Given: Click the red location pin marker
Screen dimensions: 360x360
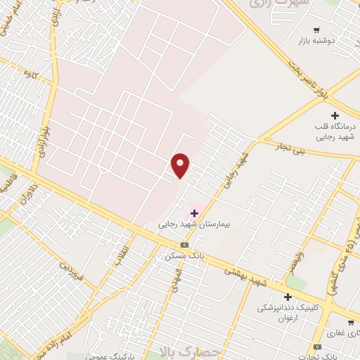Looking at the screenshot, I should click(x=181, y=165).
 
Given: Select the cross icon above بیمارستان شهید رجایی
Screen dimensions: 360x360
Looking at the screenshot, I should click(x=195, y=213).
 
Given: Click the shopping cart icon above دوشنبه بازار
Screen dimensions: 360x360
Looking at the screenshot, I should click(x=317, y=30).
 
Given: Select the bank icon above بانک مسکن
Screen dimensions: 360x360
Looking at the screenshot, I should click(x=184, y=244).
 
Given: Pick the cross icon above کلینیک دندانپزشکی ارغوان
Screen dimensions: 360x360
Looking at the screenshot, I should click(x=288, y=297).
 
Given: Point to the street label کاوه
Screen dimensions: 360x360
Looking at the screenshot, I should click(x=30, y=72).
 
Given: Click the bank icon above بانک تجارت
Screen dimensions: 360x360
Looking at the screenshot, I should click(x=317, y=347).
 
